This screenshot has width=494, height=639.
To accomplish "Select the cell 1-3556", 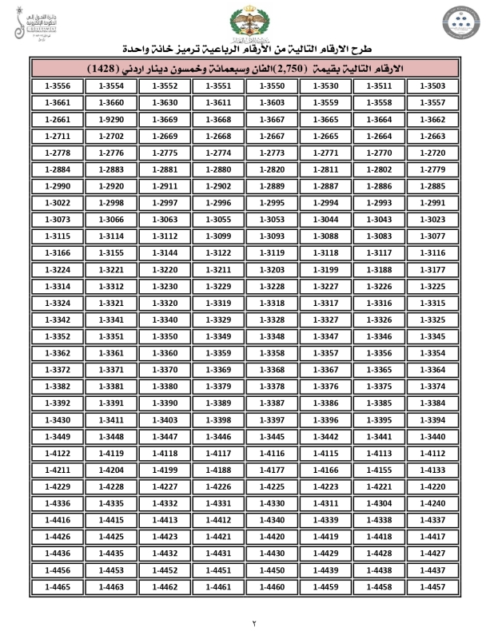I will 58,86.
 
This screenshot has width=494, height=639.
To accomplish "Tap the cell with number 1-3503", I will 433,86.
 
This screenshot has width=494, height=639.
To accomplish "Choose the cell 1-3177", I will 433,270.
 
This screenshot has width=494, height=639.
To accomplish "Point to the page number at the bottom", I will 247,621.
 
